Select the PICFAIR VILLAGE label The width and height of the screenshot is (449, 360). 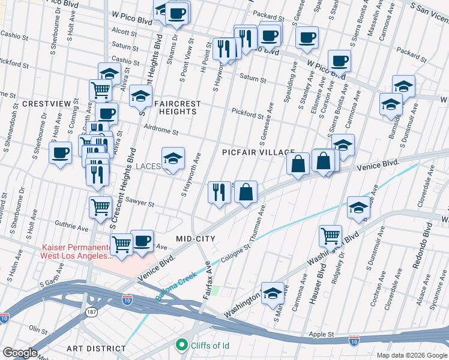click(x=258, y=153)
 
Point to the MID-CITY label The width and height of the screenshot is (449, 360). click(x=195, y=239)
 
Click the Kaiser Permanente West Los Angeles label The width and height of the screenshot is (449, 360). click(x=77, y=251)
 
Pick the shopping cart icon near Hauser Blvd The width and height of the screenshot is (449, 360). click(x=330, y=236)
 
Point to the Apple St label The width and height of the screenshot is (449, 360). click(x=321, y=333)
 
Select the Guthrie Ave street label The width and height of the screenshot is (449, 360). click(x=71, y=228)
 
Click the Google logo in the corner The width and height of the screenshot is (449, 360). click(x=19, y=353)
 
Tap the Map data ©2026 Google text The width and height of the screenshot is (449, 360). click(x=411, y=355)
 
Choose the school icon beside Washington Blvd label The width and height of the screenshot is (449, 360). click(x=273, y=293)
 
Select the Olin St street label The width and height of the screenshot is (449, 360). click(x=38, y=329)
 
